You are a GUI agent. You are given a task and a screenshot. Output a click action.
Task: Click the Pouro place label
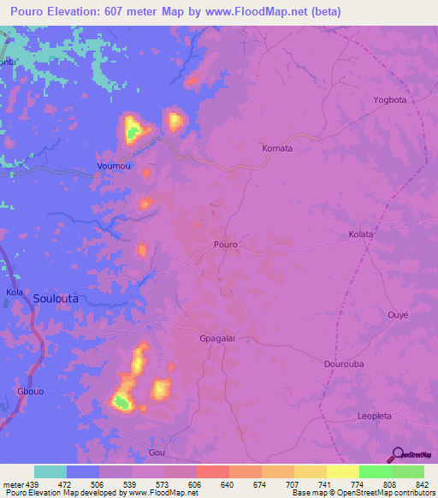coord(225,244)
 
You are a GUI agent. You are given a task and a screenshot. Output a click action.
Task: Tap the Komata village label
coord(276,148)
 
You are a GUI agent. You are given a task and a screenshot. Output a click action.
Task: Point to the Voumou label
coord(114,169)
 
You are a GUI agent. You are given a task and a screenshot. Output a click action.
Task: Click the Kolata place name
coord(362,234)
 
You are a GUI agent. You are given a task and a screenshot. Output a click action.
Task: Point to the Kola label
coord(15,293)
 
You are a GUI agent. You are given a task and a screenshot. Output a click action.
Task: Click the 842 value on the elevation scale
coord(422,483)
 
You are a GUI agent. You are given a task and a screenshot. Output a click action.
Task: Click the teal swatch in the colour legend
coord(50,471)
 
